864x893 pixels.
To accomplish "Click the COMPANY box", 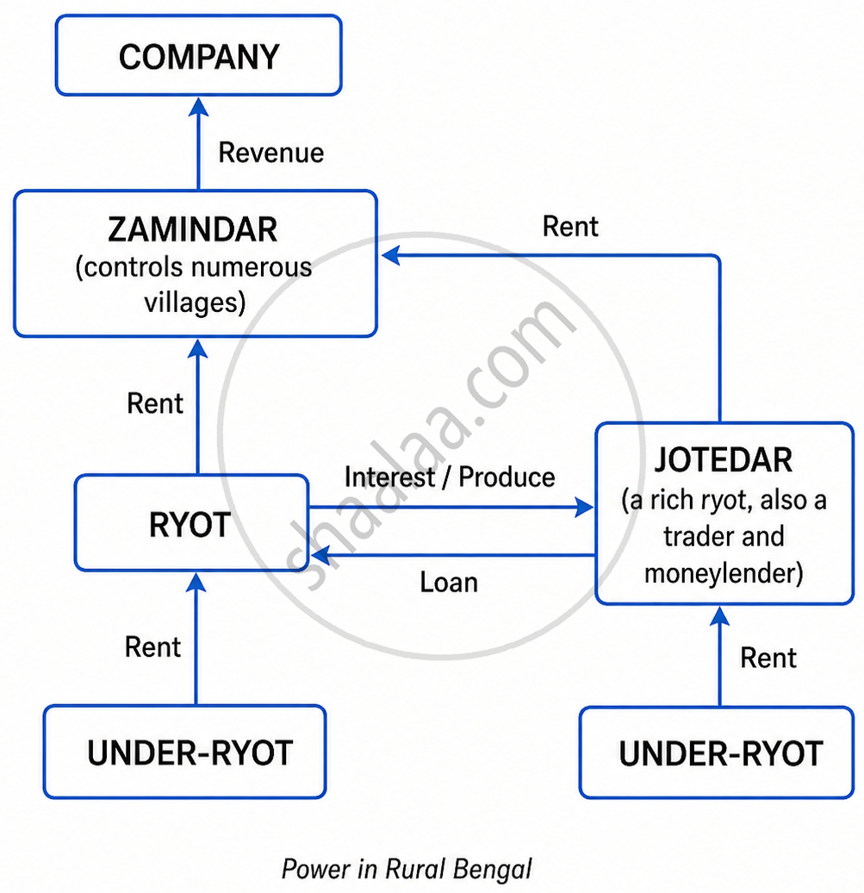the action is click(199, 55).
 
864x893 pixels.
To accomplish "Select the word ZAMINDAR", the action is click(192, 229).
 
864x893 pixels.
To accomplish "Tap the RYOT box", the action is click(192, 522).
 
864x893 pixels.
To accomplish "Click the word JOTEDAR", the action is click(723, 460).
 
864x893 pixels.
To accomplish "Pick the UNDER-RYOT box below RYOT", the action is click(185, 752).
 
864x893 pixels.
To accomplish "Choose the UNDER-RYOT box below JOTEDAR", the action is click(717, 752).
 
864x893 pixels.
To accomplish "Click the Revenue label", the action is click(271, 153).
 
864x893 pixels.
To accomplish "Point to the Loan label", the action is click(449, 582).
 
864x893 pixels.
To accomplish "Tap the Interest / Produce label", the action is click(450, 477).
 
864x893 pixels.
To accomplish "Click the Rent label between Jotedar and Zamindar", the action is click(570, 226).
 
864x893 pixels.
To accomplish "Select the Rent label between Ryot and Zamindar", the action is click(155, 403).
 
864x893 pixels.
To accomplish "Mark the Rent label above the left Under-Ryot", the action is click(152, 647).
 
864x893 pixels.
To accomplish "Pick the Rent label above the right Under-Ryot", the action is click(768, 658).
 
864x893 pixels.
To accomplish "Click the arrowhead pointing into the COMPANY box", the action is click(199, 107).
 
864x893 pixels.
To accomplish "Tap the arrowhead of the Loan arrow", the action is click(320, 555).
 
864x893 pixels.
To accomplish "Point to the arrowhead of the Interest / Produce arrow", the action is click(584, 507).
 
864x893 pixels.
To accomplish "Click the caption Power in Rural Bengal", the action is click(407, 869).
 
